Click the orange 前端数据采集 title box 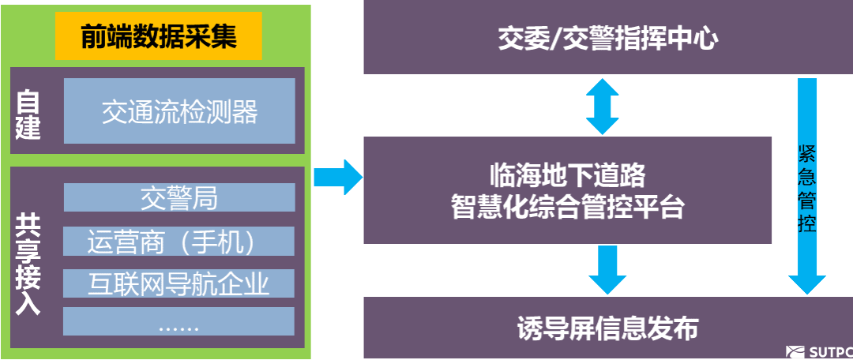coord(158,37)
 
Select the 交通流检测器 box coord(179,111)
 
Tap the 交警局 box coord(179,197)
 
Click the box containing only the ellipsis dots coord(179,322)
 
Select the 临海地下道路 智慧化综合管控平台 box coord(567,190)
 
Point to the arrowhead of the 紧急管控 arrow coord(806,284)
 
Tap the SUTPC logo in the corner coord(819,352)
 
